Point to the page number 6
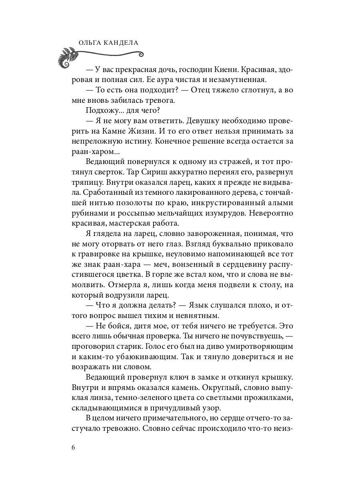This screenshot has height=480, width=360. pyautogui.click(x=73, y=447)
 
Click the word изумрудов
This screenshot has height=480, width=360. pyautogui.click(x=216, y=213)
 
